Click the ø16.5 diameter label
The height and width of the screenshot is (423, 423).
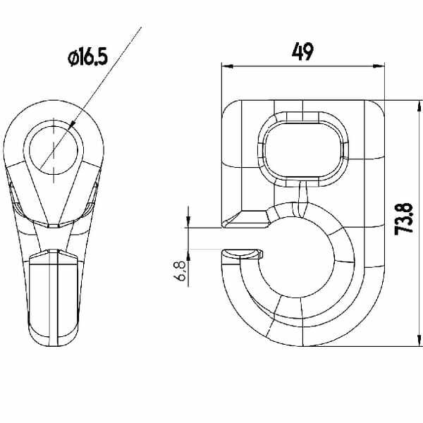point(87,57)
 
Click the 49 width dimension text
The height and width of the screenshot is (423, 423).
point(302,51)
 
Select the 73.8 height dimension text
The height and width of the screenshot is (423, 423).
point(403,219)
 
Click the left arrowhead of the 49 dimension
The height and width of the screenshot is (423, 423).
point(227,66)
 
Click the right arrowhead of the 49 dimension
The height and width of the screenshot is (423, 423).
point(379,66)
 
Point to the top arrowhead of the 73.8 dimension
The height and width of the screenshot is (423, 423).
point(419,106)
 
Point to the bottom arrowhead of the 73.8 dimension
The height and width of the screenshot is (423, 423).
point(419,341)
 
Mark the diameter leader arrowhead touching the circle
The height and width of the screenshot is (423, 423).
point(72,125)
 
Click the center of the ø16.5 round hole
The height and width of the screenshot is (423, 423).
point(54,150)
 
